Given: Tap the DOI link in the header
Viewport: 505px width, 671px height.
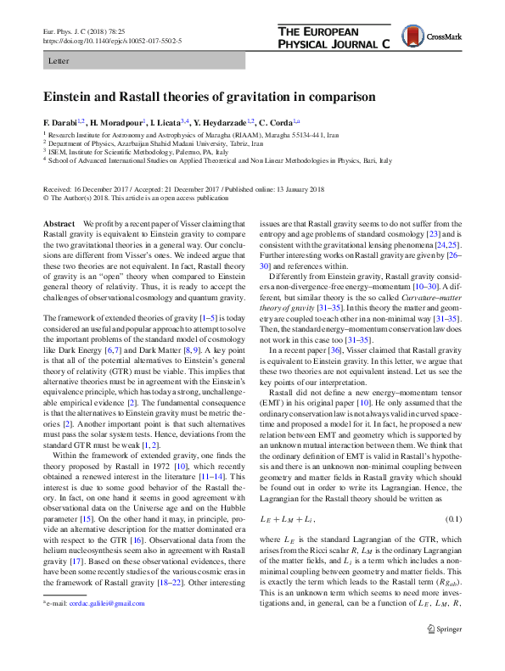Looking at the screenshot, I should (x=111, y=40).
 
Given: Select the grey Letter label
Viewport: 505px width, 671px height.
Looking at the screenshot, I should (x=59, y=61).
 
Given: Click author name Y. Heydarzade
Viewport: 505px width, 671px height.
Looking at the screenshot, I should (x=220, y=122).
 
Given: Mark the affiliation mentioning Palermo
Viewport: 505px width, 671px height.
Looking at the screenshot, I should (x=137, y=151).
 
